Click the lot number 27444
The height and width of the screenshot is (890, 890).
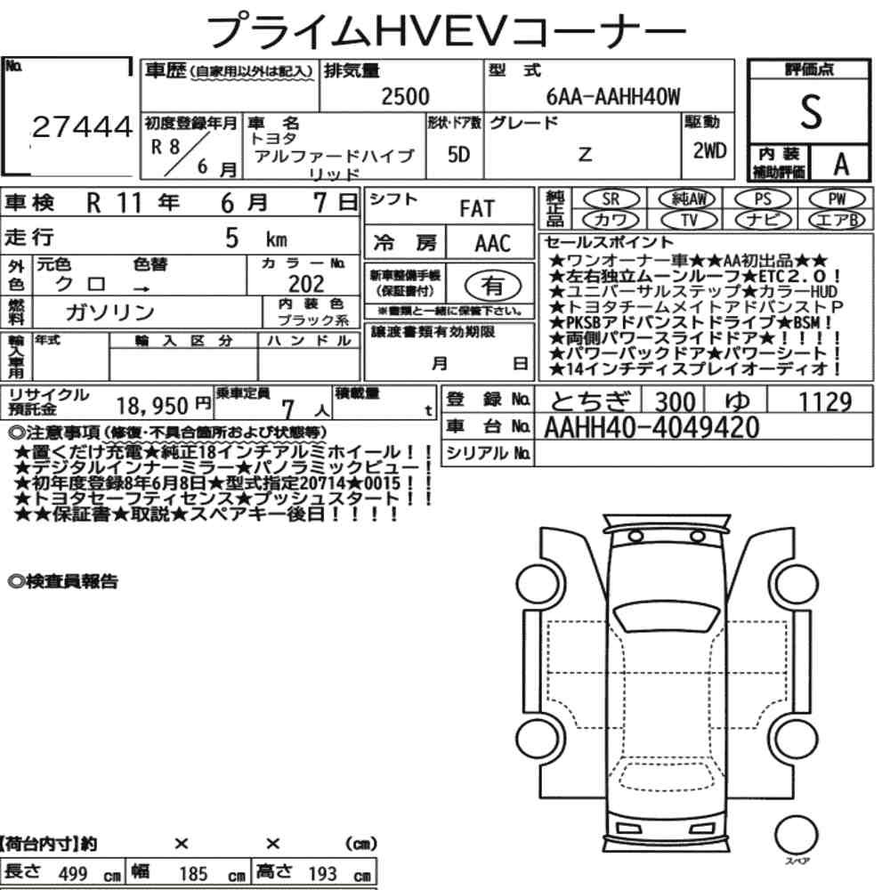[82, 126]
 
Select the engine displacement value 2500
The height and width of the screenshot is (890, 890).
[405, 96]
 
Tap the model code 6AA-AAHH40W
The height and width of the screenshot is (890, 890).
[613, 96]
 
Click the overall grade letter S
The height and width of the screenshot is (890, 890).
[811, 111]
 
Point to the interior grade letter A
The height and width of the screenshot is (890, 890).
[841, 164]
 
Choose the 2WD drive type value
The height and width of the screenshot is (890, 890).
[709, 151]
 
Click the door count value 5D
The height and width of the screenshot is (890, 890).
[458, 154]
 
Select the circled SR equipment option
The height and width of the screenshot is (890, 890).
[611, 199]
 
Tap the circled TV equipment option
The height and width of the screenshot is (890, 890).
[689, 220]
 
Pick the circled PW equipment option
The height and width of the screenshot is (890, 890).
[837, 199]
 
